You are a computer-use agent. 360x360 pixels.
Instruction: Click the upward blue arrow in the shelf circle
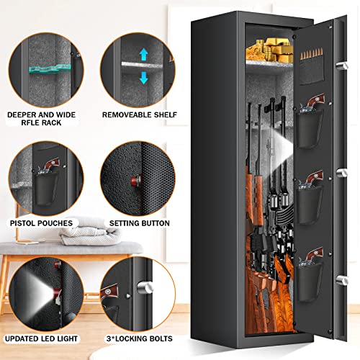pos(143,53)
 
